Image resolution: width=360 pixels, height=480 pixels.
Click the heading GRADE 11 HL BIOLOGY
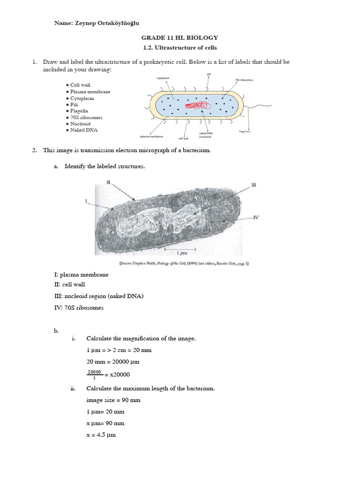click(x=180, y=38)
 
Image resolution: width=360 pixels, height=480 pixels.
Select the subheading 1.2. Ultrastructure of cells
click(x=180, y=48)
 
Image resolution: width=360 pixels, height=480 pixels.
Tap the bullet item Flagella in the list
click(x=79, y=111)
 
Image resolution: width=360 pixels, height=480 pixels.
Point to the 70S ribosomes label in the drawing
click(x=244, y=80)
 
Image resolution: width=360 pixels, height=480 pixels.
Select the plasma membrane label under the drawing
click(x=152, y=137)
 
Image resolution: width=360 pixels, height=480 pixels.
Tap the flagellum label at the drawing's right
click(x=245, y=132)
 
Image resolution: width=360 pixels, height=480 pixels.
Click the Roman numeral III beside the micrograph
click(x=254, y=186)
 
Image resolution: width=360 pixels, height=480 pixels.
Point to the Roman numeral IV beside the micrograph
click(x=256, y=217)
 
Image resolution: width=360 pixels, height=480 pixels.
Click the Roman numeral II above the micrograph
click(x=108, y=182)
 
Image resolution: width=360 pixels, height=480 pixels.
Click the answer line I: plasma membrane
click(x=82, y=275)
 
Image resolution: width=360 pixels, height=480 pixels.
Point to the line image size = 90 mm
click(x=113, y=400)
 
